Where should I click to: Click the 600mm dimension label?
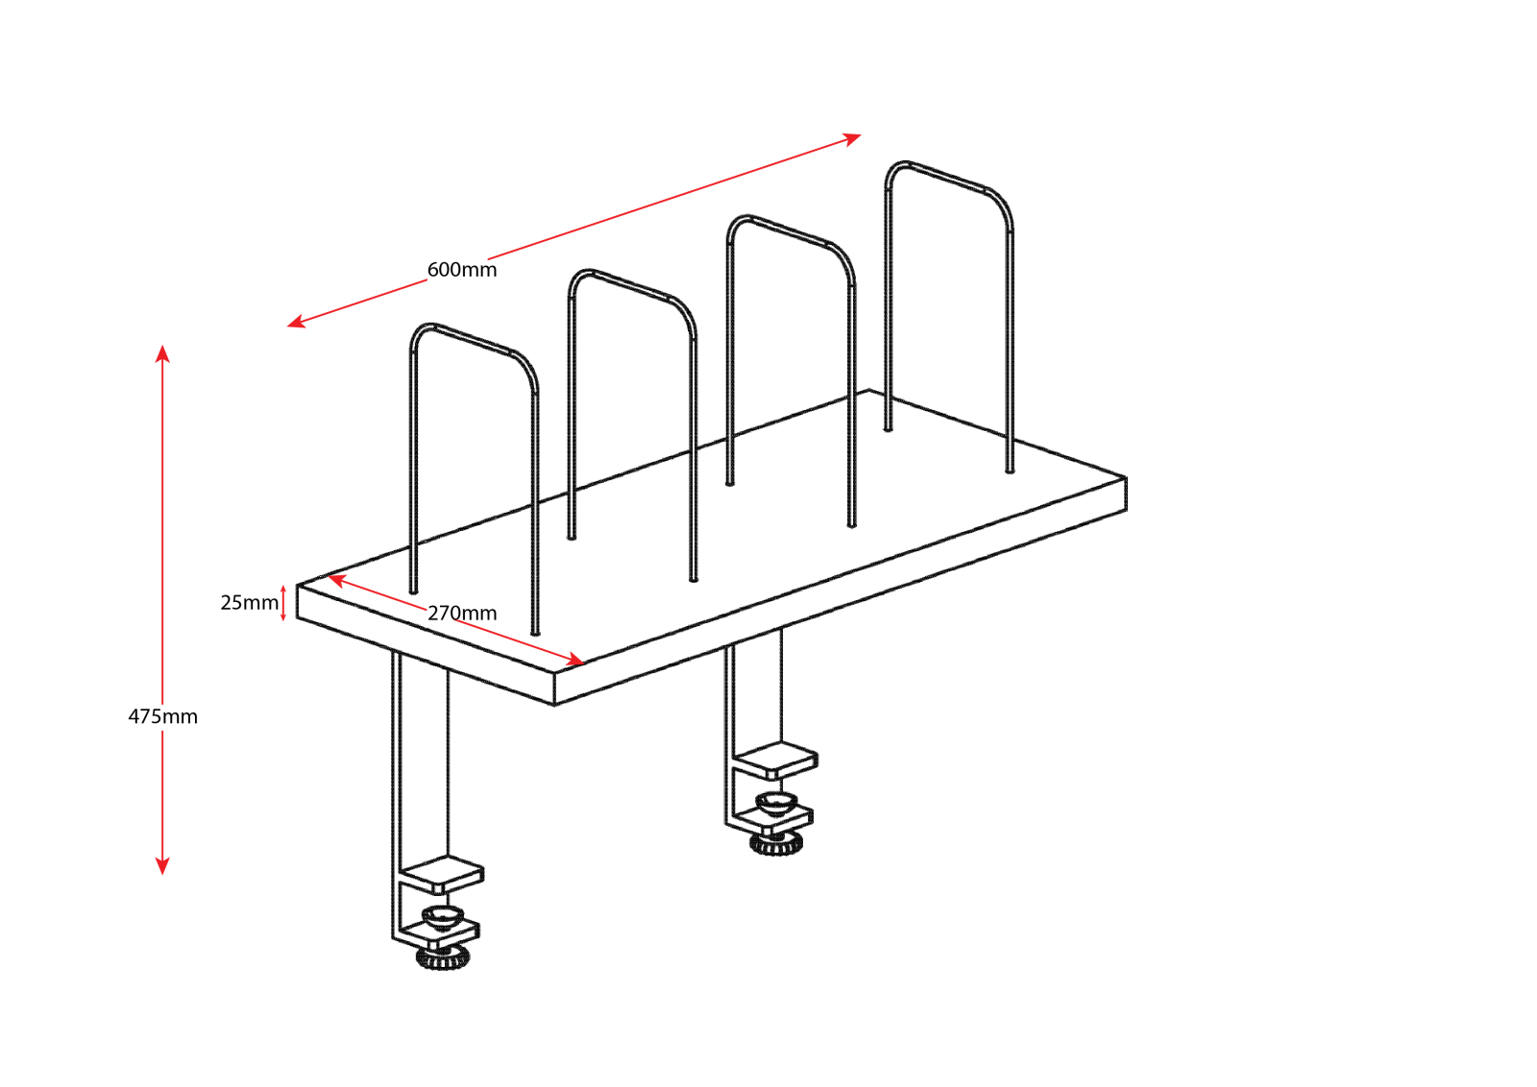coord(462,270)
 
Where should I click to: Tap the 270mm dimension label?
coord(462,613)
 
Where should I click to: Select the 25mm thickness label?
coord(249,602)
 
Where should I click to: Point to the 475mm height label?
coord(162,716)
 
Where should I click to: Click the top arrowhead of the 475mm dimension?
coord(162,353)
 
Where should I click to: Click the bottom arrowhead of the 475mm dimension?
coord(162,866)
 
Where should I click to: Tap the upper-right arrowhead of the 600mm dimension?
coord(851,139)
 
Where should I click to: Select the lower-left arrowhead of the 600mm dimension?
coord(297,322)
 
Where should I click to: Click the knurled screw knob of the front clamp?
coord(443,957)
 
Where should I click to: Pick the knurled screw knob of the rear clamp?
coord(776,843)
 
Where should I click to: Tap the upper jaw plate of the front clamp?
coord(443,875)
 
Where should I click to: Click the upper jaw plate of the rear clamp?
coord(775,760)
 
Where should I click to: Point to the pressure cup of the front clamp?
coord(443,917)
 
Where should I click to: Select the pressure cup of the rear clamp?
coord(776,803)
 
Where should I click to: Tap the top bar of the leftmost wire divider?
coord(474,339)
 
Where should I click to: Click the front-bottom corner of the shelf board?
coord(554,704)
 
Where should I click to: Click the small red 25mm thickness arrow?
coord(283,603)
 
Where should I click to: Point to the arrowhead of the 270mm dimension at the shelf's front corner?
coord(573,661)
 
